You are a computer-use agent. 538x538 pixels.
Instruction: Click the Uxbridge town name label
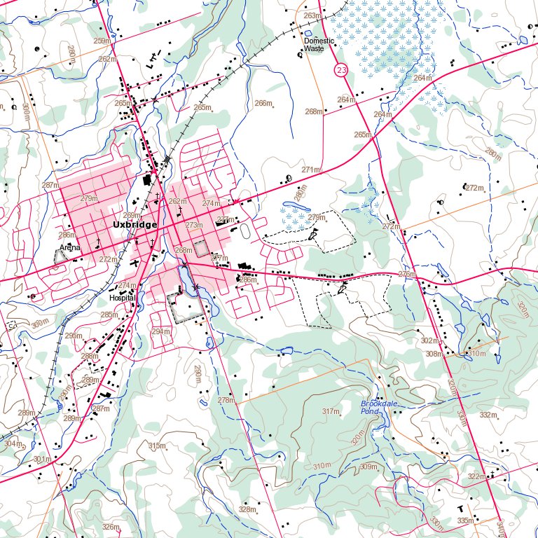pyautogui.click(x=135, y=225)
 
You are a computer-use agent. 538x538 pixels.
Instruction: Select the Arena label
pyautogui.click(x=69, y=248)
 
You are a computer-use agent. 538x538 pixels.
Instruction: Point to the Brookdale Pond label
pyautogui.click(x=373, y=408)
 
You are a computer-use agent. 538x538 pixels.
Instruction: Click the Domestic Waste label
pyautogui.click(x=319, y=45)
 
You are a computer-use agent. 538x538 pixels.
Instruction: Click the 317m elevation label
pyautogui.click(x=331, y=411)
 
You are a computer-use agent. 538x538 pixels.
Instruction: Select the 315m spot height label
pyautogui.click(x=157, y=446)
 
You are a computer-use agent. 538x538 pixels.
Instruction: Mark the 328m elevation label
pyautogui.click(x=247, y=509)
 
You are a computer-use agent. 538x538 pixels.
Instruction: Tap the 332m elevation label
pyautogui.click(x=488, y=415)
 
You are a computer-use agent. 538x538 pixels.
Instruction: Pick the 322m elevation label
pyautogui.click(x=476, y=476)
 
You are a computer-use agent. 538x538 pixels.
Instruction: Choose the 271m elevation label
pyautogui.click(x=310, y=170)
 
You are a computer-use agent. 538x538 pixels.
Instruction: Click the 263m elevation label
pyautogui.click(x=312, y=15)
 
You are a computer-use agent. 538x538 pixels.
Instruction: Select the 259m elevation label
pyautogui.click(x=102, y=41)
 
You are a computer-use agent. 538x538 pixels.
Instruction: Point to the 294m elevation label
pyautogui.click(x=161, y=331)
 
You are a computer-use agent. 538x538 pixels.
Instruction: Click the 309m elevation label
pyautogui.click(x=368, y=467)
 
